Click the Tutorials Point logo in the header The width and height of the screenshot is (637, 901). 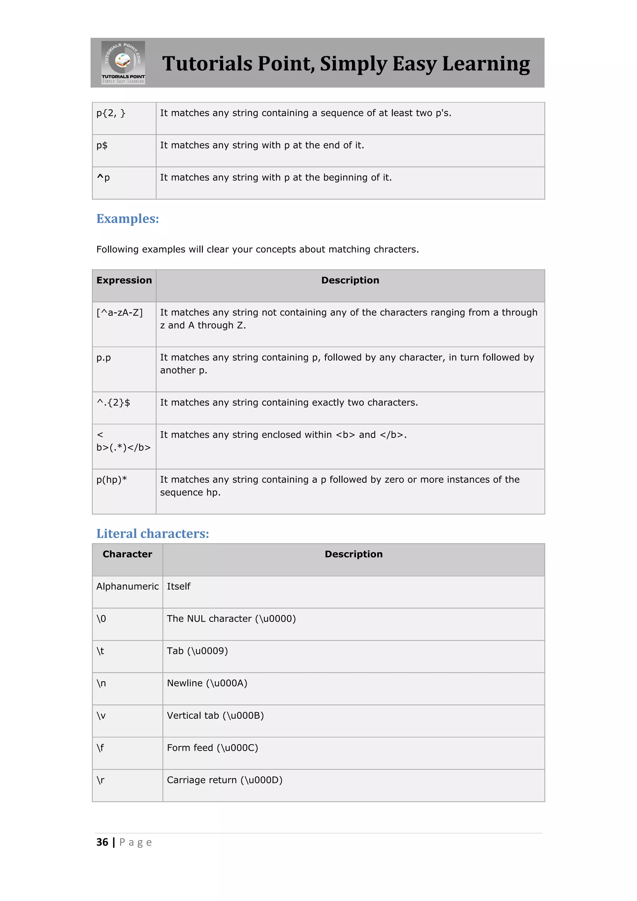pyautogui.click(x=123, y=63)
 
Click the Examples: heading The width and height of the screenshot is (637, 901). pyautogui.click(x=128, y=219)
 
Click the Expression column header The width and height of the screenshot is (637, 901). pyautogui.click(x=124, y=280)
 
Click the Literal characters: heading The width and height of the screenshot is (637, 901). pyautogui.click(x=153, y=534)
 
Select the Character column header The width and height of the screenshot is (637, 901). pyautogui.click(x=127, y=554)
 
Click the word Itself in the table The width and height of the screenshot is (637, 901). pyautogui.click(x=179, y=587)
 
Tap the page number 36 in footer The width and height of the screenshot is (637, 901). pyautogui.click(x=102, y=843)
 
